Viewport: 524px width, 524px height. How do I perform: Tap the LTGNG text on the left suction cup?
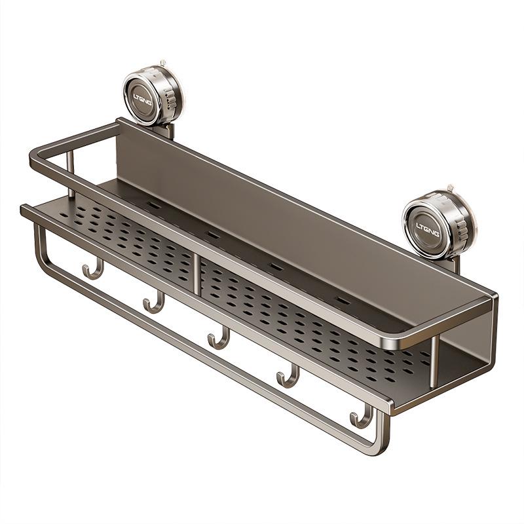[x=143, y=100]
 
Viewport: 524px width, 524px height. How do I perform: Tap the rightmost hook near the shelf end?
[x=360, y=418]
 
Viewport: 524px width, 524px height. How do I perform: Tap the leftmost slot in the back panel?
[x=155, y=205]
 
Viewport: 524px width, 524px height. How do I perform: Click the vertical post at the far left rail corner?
[x=71, y=177]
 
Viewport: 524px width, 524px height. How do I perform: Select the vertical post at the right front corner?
[x=433, y=364]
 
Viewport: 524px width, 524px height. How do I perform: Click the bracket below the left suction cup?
[x=164, y=131]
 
